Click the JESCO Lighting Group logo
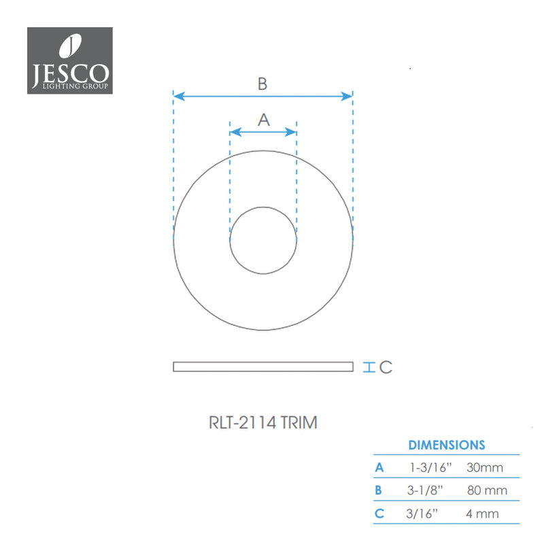pyautogui.click(x=70, y=61)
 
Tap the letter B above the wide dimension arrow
pyautogui.click(x=262, y=84)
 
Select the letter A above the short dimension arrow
pyautogui.click(x=264, y=120)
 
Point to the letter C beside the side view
pyautogui.click(x=386, y=367)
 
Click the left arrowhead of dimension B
pyautogui.click(x=179, y=96)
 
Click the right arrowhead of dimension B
pyautogui.click(x=347, y=96)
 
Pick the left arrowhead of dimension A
pyautogui.click(x=235, y=132)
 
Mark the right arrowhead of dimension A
pyautogui.click(x=291, y=132)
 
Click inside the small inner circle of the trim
pyautogui.click(x=263, y=241)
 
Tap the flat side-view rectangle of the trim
pyautogui.click(x=263, y=367)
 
